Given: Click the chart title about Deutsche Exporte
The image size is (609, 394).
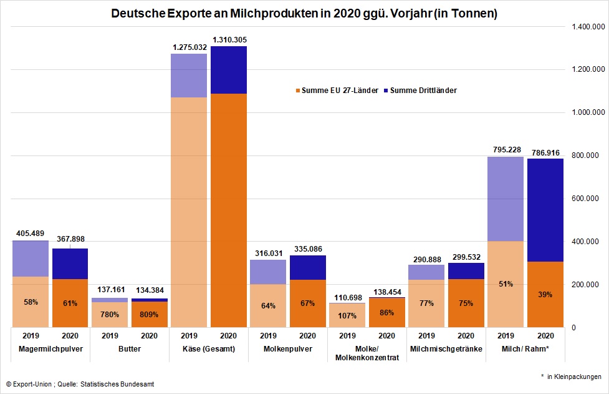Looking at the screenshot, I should tap(304, 13).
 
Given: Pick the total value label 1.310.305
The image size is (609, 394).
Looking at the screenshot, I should tap(230, 40).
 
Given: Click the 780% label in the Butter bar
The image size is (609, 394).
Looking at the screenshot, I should tap(110, 315).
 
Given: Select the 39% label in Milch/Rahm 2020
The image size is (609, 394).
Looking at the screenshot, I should tap(545, 294).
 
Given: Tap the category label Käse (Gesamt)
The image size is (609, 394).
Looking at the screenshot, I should tap(210, 349).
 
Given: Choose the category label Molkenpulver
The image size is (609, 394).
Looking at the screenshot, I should tap(289, 349).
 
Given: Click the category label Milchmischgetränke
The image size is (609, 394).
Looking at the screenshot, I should tap(446, 349).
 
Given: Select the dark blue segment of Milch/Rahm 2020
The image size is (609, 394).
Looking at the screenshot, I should tap(545, 210).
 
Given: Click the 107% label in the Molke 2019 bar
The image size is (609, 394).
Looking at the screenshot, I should tap(347, 315).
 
